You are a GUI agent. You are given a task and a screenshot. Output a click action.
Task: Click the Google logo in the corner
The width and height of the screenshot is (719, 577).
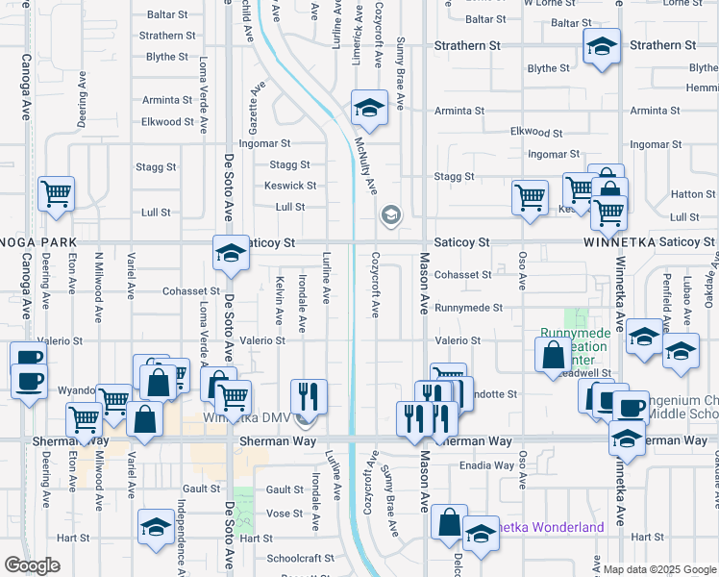point(32,565)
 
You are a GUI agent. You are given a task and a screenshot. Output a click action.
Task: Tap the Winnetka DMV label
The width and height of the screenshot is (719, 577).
point(246,418)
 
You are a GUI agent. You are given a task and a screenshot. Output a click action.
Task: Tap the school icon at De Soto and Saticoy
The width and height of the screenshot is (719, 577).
point(230,253)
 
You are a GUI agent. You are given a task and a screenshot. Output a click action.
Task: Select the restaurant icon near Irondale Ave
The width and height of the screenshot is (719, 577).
point(309,395)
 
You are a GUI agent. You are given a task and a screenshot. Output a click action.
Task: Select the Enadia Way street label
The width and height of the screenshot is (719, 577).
point(487,465)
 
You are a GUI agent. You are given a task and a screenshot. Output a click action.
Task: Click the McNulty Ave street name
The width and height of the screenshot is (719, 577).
point(364,159)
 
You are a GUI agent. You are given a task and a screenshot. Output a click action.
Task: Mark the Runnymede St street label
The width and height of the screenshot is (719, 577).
point(468,308)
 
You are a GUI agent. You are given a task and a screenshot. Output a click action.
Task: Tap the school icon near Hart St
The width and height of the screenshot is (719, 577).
point(155,528)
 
